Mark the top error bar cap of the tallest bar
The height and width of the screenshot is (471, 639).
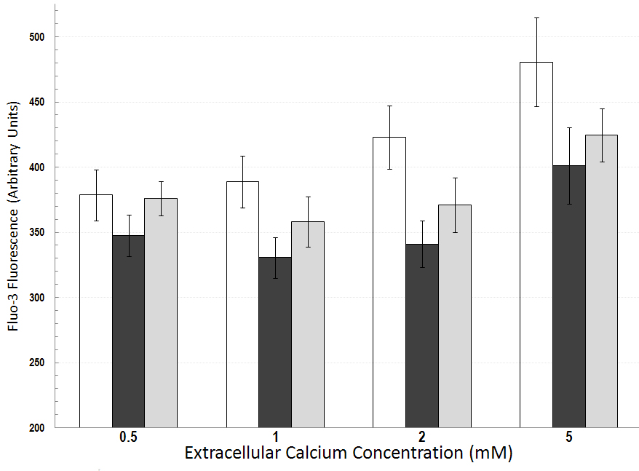coord(536,17)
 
